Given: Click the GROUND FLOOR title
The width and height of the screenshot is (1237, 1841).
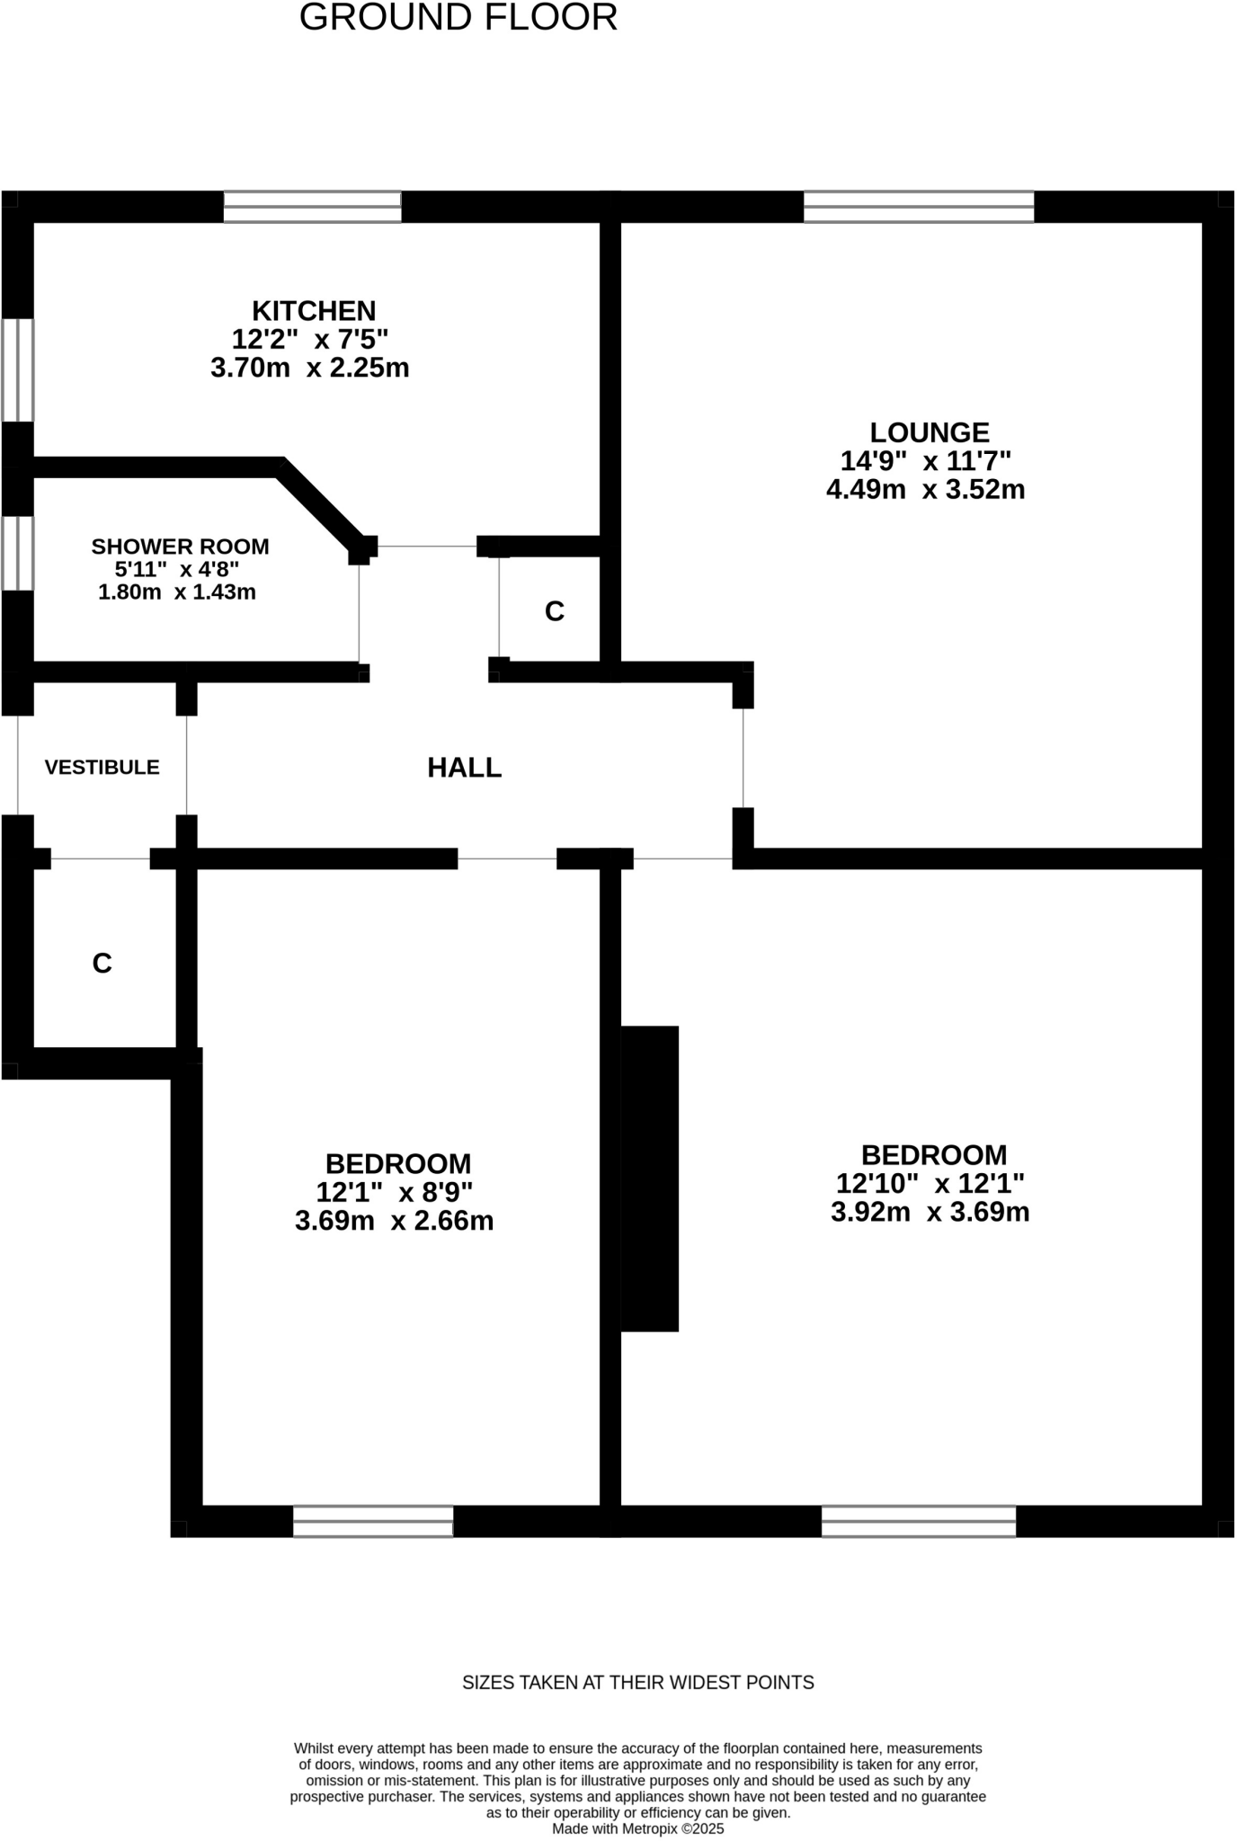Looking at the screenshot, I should click(x=458, y=18).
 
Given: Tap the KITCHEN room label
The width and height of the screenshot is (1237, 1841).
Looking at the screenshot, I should click(x=314, y=311).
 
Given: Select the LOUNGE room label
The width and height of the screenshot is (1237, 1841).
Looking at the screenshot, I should click(x=929, y=432).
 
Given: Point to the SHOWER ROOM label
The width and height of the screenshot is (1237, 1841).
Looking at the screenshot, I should click(x=180, y=547).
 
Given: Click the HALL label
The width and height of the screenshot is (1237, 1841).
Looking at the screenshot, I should click(x=464, y=768).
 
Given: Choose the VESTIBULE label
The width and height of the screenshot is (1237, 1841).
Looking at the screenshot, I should click(x=102, y=768).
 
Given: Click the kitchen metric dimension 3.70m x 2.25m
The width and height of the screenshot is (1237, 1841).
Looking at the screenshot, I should click(x=310, y=368).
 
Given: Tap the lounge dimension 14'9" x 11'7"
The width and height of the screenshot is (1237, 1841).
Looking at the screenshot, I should click(x=926, y=461).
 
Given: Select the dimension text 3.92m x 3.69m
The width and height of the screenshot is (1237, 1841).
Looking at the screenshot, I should click(x=930, y=1213).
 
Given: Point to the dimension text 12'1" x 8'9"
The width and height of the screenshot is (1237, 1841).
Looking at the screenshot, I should click(x=394, y=1193).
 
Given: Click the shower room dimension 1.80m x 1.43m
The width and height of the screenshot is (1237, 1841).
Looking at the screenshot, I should click(x=177, y=592).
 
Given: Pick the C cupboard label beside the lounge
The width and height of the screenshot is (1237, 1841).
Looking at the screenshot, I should click(x=555, y=611).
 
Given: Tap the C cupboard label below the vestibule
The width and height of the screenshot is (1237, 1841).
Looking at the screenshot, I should click(x=102, y=964).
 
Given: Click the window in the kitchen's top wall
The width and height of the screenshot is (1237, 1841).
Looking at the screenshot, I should click(x=312, y=207).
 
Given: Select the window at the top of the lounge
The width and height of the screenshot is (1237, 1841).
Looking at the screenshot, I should click(x=919, y=207).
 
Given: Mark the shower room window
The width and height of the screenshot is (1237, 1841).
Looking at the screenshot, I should click(x=17, y=553).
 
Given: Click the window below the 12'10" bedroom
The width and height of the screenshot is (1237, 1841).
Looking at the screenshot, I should click(x=919, y=1522).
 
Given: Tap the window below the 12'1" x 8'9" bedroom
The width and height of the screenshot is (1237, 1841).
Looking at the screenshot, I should click(x=373, y=1522).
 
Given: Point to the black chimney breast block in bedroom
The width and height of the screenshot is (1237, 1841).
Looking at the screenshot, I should click(x=650, y=1178).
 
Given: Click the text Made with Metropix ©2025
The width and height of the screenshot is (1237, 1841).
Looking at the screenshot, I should click(x=637, y=1828).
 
